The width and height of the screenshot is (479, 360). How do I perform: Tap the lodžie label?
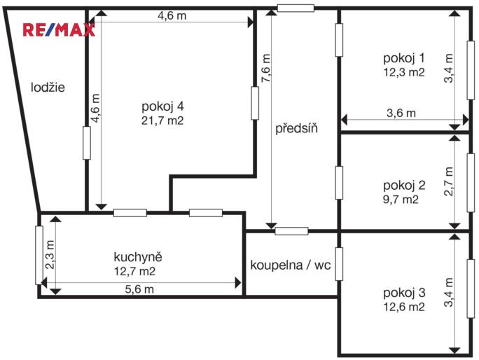(x=48, y=88)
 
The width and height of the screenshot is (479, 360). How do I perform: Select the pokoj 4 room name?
(x=162, y=106)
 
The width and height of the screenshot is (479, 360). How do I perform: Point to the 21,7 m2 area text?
(x=162, y=120)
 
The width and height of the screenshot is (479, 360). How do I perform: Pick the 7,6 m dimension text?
(x=265, y=69)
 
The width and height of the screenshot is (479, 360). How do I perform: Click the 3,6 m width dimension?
(x=401, y=113)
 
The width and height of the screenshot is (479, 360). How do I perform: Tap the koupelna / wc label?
(x=290, y=265)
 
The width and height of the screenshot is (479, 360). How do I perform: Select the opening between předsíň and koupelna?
(x=291, y=231)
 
